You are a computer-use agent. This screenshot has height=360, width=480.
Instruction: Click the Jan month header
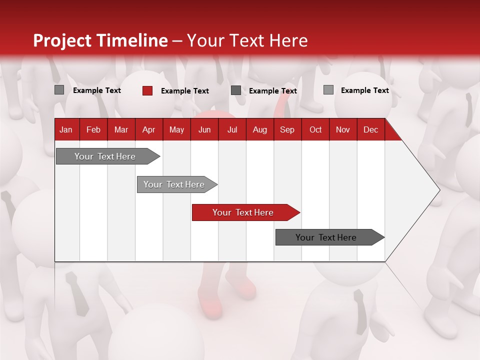click(66, 129)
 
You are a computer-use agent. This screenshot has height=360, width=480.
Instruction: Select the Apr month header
click(148, 129)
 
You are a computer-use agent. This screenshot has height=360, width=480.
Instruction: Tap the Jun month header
click(204, 129)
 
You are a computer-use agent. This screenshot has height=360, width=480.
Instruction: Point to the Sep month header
click(287, 129)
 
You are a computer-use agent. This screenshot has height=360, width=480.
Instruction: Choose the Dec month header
click(370, 129)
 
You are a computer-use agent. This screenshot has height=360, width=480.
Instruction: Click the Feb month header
click(93, 129)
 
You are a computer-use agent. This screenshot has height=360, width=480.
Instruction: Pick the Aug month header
click(259, 129)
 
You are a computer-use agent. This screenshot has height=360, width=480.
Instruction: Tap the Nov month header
click(342, 129)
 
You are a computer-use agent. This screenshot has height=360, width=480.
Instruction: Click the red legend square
click(147, 90)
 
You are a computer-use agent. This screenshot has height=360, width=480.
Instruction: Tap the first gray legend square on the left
click(59, 90)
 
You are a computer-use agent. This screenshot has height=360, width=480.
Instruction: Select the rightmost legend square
click(328, 90)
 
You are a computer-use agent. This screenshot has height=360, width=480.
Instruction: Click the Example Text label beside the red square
click(185, 91)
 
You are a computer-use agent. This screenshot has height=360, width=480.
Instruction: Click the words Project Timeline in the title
click(100, 40)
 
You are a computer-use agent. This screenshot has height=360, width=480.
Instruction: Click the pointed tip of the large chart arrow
click(438, 190)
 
